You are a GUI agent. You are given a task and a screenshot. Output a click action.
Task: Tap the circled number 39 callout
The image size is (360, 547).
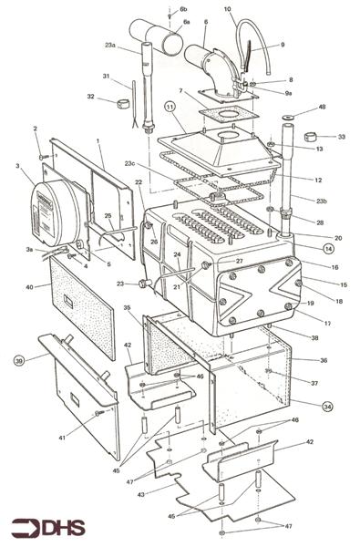point(20,362)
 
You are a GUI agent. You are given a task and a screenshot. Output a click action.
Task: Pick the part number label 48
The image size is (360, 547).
point(322,108)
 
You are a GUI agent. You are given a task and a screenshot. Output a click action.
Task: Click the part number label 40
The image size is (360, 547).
point(30,287)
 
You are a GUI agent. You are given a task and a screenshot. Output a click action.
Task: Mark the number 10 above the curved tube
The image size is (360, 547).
point(228,10)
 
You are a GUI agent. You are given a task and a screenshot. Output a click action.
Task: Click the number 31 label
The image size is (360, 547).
point(106,76)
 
